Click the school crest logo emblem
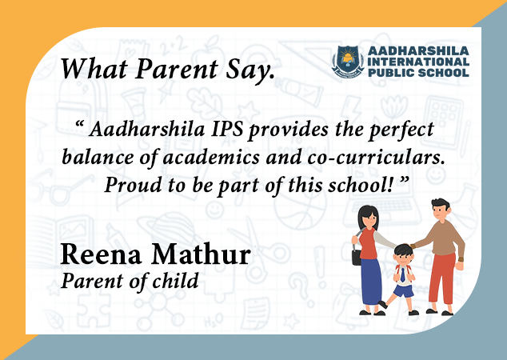click(348, 62)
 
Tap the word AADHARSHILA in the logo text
click(418, 50)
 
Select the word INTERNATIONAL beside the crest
click(418, 62)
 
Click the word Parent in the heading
click(177, 69)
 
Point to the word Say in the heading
click(250, 70)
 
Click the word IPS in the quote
click(227, 129)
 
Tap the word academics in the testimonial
click(211, 157)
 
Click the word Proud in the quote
click(133, 185)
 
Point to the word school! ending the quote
click(361, 186)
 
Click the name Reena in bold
click(102, 254)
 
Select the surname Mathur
click(201, 254)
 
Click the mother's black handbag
click(357, 258)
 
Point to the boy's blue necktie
click(402, 275)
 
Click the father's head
click(440, 209)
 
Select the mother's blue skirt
click(371, 282)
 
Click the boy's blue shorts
click(404, 290)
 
